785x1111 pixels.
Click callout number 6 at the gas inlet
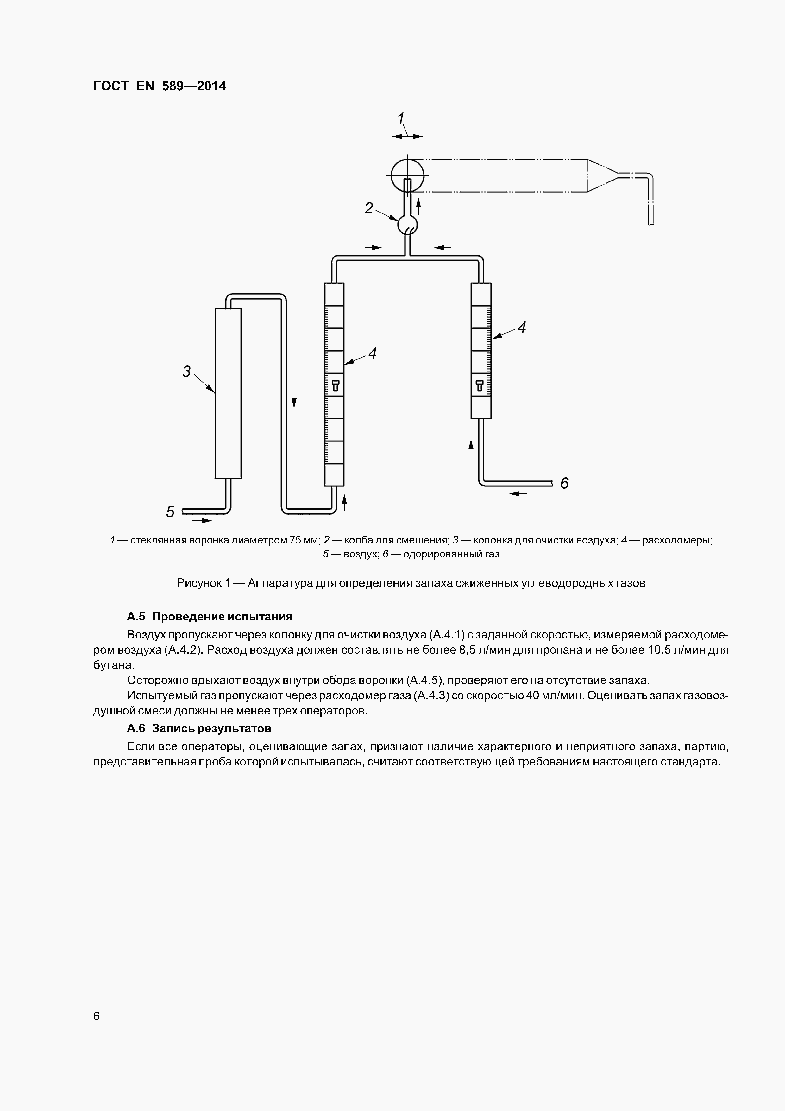[x=564, y=483]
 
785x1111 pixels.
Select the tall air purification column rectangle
[x=228, y=393]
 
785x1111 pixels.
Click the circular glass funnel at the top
[x=407, y=175]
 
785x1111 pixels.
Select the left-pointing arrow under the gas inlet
[x=518, y=493]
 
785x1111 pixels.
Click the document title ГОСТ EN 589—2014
[x=160, y=86]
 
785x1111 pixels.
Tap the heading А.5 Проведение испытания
[x=210, y=617]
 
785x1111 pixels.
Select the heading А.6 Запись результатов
[x=199, y=728]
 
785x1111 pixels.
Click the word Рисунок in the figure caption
[x=199, y=583]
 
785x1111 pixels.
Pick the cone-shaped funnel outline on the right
[x=602, y=175]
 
